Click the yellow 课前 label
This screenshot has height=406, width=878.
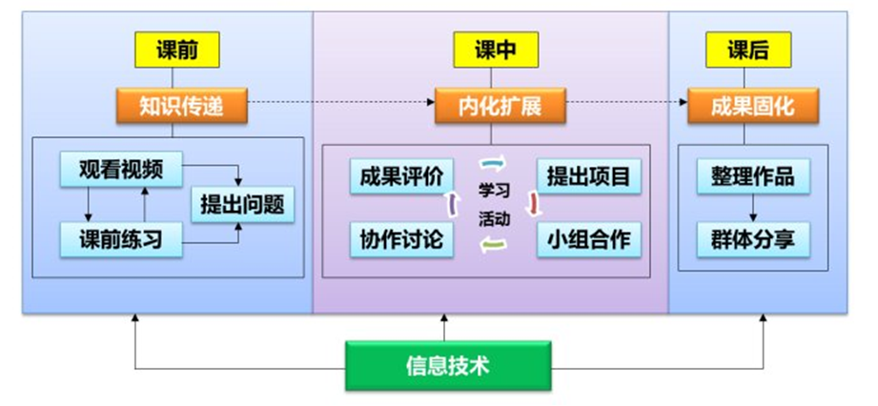coord(177,50)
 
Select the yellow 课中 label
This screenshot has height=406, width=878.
coord(496,50)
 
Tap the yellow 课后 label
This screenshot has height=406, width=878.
coord(747,50)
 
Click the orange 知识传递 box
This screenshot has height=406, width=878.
coord(181,106)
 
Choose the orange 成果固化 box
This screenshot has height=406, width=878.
coord(752,106)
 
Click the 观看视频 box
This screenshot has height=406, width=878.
coord(121,171)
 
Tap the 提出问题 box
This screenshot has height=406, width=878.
coord(241,204)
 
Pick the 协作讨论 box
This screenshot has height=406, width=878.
coord(401,239)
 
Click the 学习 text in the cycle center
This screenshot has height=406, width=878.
coord(494,189)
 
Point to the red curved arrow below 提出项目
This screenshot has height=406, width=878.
coord(533,203)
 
